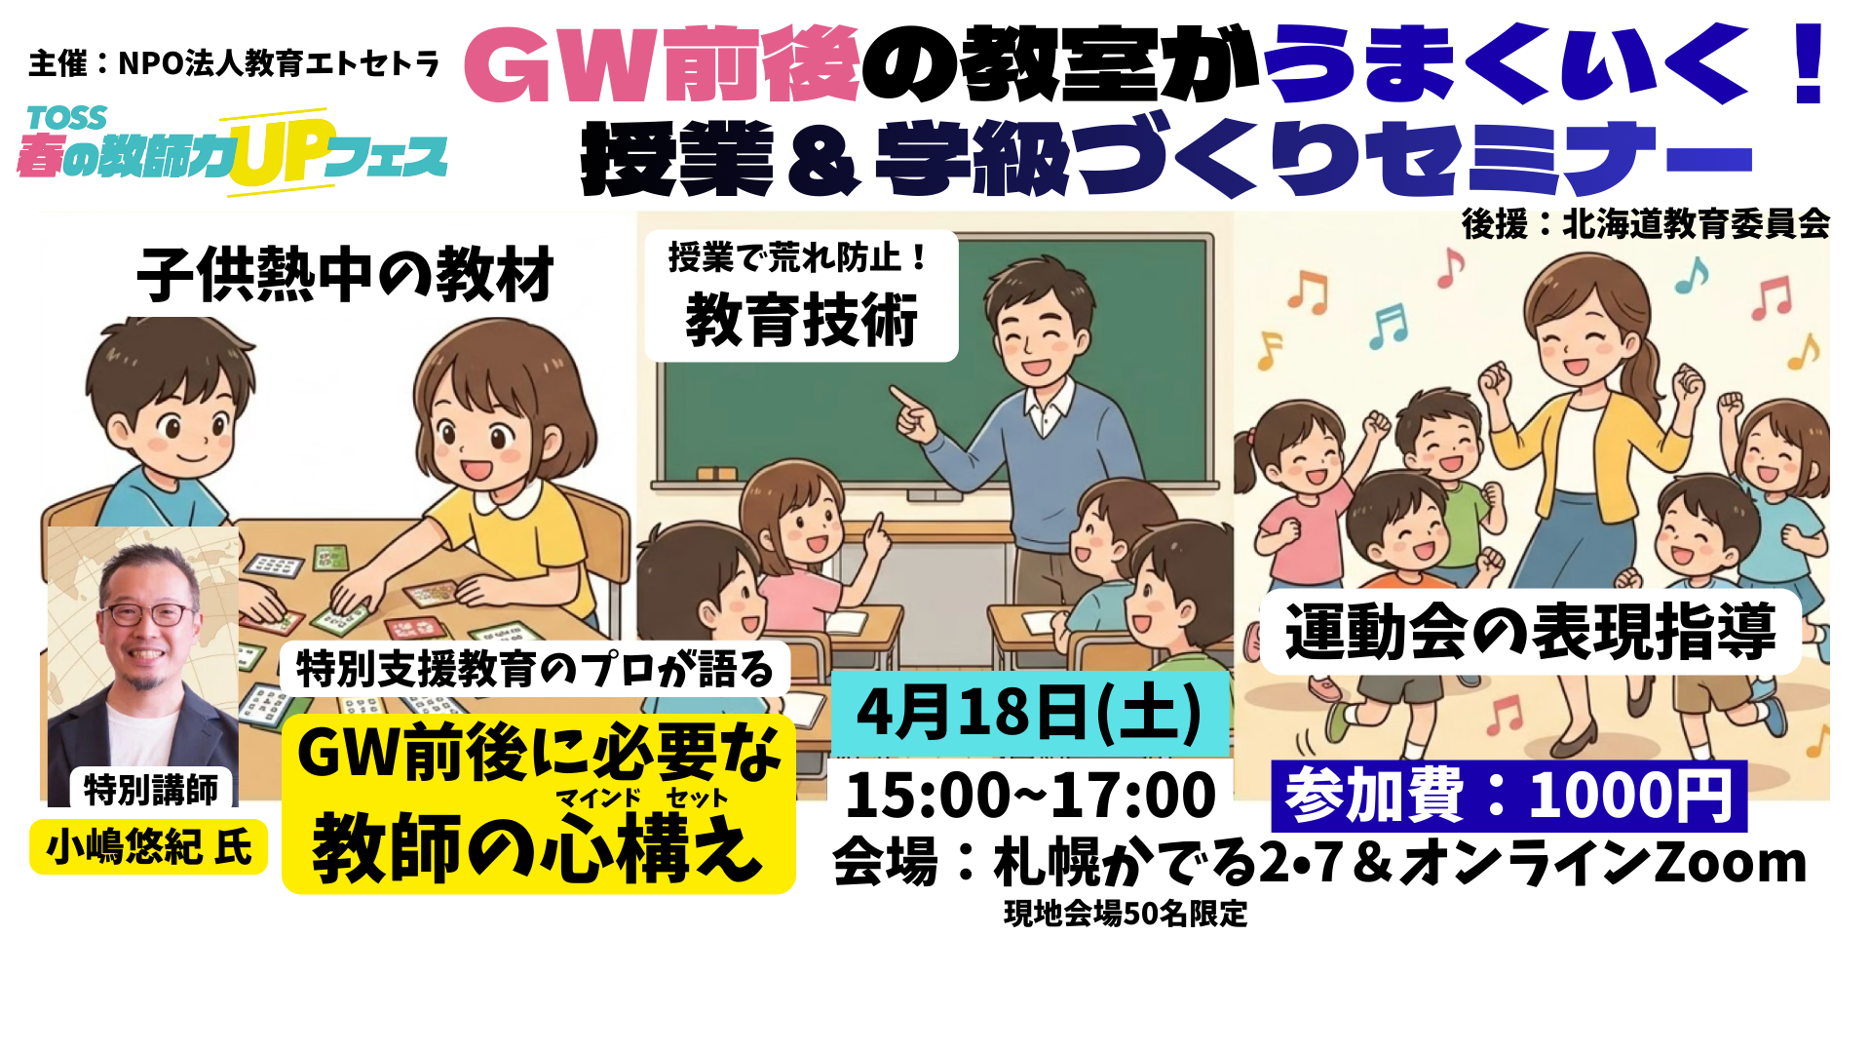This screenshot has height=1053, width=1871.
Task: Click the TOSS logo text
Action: (x=67, y=118)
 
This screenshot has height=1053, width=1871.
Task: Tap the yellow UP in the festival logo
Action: (x=278, y=153)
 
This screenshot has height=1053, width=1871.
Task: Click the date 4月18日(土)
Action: (x=1029, y=712)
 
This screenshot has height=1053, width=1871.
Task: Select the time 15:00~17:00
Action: (x=1030, y=795)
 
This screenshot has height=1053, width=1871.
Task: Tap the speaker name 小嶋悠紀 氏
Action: (x=149, y=846)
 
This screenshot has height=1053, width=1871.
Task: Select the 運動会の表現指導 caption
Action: (x=1530, y=632)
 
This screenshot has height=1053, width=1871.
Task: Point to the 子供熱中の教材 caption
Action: (x=345, y=274)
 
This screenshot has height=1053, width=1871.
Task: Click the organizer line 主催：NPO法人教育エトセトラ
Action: (x=234, y=63)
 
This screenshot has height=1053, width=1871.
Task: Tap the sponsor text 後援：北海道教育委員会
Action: (x=1645, y=224)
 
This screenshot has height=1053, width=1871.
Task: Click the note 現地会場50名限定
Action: (x=1126, y=914)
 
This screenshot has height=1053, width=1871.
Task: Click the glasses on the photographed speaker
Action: (x=146, y=614)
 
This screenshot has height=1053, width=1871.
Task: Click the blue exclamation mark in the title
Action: (x=1810, y=63)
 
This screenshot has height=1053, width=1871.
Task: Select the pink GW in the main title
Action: (x=563, y=65)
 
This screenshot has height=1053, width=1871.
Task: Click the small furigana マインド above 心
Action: (x=598, y=799)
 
